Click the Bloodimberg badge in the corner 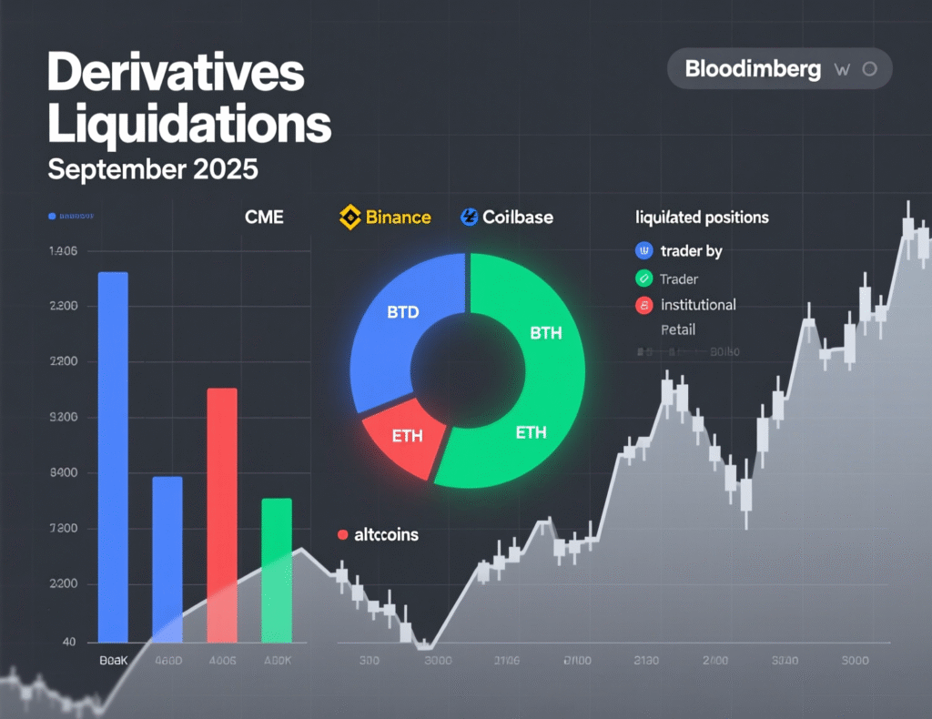[x=779, y=69]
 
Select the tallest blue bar [x=113, y=455]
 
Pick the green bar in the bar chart [x=277, y=569]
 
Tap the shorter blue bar [x=167, y=555]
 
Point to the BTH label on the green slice [x=546, y=334]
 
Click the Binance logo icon [x=350, y=217]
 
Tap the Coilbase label [x=517, y=218]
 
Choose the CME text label [x=264, y=218]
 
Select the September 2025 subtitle [x=153, y=169]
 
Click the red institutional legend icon [x=644, y=305]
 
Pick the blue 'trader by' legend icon [x=644, y=251]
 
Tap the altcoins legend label [x=386, y=535]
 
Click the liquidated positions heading [x=702, y=218]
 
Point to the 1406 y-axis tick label [x=62, y=251]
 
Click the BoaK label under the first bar [x=113, y=662]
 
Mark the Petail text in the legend [x=678, y=329]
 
